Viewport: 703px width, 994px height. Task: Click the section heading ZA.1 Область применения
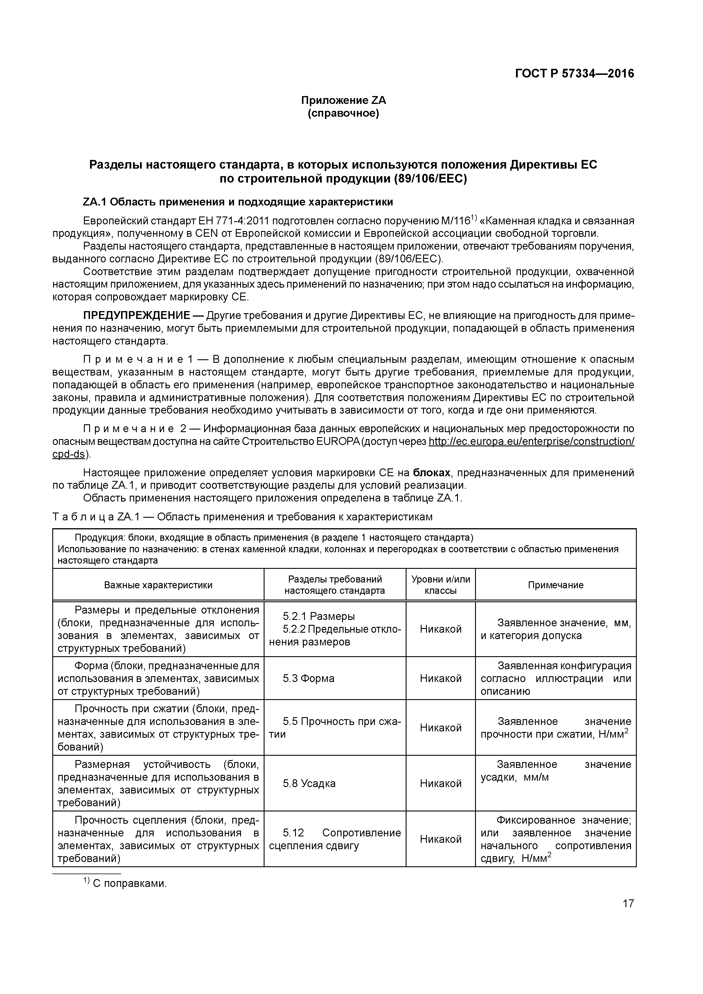pyautogui.click(x=238, y=202)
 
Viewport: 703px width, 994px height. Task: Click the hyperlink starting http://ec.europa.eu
pyautogui.click(x=531, y=442)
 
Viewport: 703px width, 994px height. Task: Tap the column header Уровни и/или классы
pyautogui.click(x=441, y=585)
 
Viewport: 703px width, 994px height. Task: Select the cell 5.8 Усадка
pyautogui.click(x=309, y=784)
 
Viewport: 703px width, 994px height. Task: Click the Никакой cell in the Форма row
pyautogui.click(x=441, y=679)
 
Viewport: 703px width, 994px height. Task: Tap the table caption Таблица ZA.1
pyautogui.click(x=242, y=517)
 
